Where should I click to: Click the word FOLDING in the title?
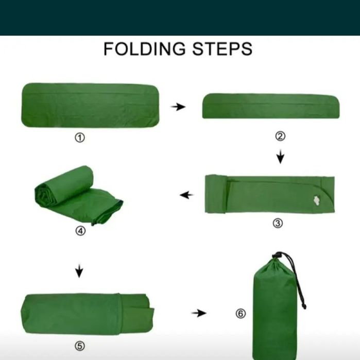[144, 49]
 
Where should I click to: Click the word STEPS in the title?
[222, 49]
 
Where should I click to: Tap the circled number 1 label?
[80, 138]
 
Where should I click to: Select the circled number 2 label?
[280, 136]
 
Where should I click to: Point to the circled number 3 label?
[278, 223]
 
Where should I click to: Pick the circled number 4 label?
[80, 231]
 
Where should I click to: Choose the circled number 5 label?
[80, 346]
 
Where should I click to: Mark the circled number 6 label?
[241, 314]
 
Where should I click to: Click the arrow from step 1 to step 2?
[178, 107]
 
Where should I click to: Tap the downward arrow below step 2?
[280, 157]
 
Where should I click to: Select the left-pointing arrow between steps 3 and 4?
[186, 195]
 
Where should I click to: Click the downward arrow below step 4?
[79, 271]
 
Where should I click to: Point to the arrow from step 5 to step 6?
[199, 313]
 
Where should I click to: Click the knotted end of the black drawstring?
[304, 306]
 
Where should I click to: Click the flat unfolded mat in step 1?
[90, 105]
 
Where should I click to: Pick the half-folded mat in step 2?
[271, 106]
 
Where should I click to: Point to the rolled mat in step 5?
[88, 314]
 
